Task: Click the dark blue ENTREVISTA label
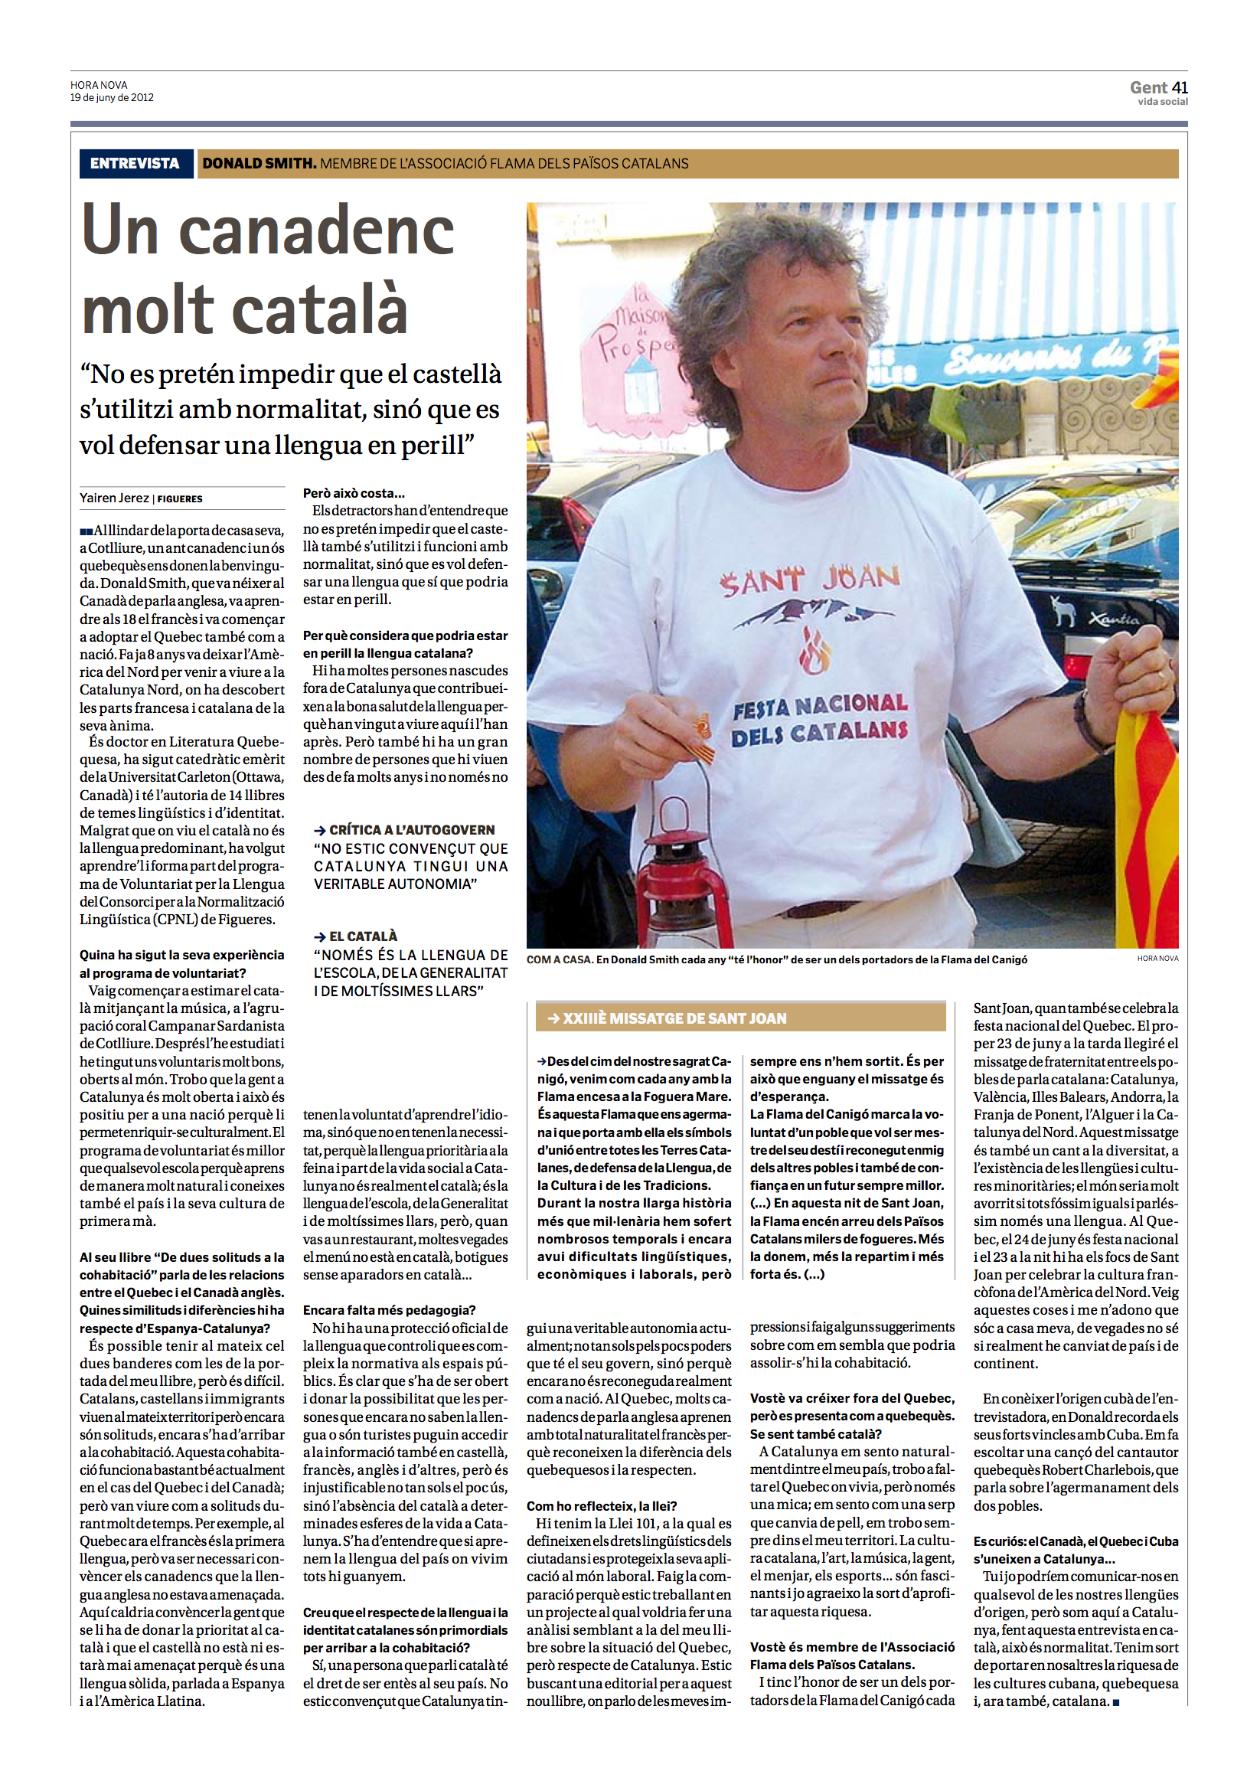click(x=135, y=164)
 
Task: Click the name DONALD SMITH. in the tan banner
click(x=260, y=164)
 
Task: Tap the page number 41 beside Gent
click(x=1180, y=88)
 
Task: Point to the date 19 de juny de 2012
click(x=112, y=98)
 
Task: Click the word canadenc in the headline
click(x=317, y=231)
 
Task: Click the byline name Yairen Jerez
click(x=114, y=498)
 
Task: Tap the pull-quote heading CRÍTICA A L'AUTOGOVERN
click(x=411, y=829)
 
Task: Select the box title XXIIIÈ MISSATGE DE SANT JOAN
click(x=674, y=1018)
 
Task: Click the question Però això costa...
click(x=354, y=494)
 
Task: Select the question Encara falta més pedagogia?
click(x=390, y=1310)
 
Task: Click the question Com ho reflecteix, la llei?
click(x=601, y=1505)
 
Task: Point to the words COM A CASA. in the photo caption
click(x=560, y=960)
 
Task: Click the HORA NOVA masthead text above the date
click(x=99, y=85)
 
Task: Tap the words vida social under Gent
click(x=1162, y=102)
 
